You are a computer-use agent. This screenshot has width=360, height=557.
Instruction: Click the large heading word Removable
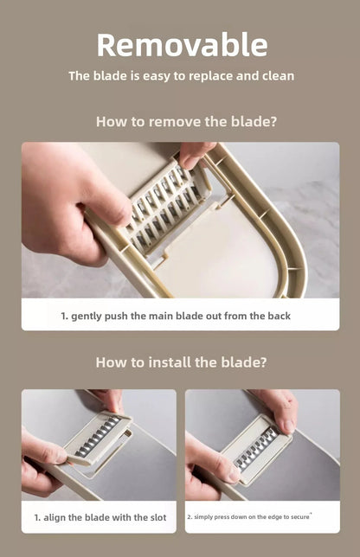182,45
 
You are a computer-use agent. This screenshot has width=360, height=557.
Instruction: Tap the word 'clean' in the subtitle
278,75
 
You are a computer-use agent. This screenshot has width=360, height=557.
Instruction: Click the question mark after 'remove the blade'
273,121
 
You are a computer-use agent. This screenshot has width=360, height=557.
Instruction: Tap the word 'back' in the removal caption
280,316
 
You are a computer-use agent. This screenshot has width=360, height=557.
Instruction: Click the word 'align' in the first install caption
55,517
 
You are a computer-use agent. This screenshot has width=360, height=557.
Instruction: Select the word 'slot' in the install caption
158,517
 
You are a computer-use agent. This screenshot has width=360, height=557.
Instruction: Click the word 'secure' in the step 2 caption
300,517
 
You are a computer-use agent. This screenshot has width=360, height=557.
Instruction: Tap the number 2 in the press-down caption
190,517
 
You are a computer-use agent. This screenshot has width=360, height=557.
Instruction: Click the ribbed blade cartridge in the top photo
164,206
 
